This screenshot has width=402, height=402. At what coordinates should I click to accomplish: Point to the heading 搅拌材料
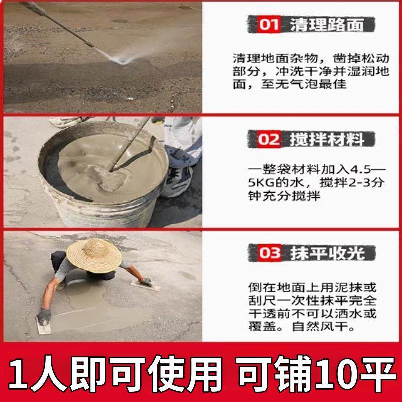point(326,139)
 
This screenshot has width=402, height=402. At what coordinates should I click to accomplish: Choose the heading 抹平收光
point(326,253)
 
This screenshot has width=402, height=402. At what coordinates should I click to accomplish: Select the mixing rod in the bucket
point(131,146)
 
